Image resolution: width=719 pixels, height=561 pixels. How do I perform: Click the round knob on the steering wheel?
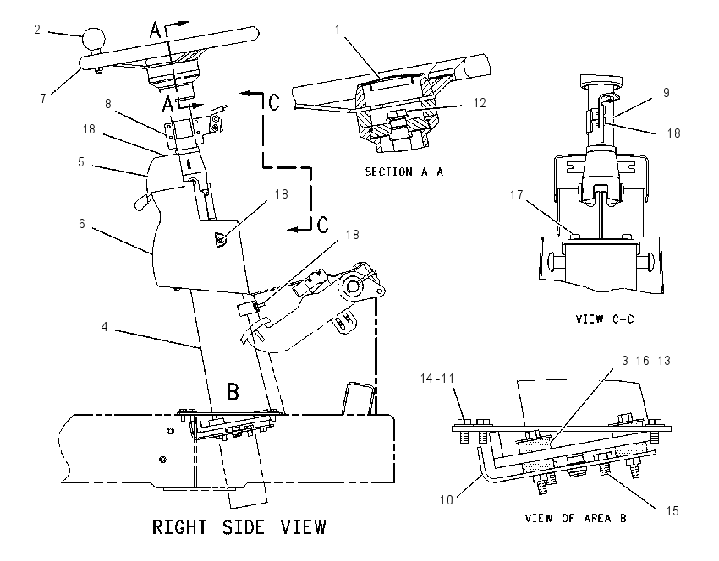(x=94, y=39)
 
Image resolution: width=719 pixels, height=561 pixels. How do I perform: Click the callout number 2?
(x=37, y=30)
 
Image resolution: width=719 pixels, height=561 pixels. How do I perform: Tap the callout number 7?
(x=43, y=99)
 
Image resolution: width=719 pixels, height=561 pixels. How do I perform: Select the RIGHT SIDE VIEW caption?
(x=239, y=527)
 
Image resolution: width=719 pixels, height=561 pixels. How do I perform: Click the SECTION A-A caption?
(x=404, y=172)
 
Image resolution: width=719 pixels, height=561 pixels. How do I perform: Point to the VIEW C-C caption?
(x=605, y=319)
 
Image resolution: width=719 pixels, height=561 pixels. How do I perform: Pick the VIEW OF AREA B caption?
(x=575, y=519)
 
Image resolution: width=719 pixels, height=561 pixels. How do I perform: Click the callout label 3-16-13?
(x=646, y=361)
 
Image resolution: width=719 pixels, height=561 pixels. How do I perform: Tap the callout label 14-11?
(x=437, y=379)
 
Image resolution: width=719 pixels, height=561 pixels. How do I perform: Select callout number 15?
(x=672, y=511)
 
